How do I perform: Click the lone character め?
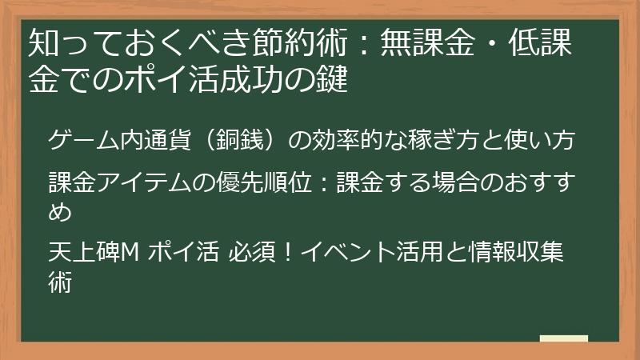61,212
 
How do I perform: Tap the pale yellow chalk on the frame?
563,338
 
